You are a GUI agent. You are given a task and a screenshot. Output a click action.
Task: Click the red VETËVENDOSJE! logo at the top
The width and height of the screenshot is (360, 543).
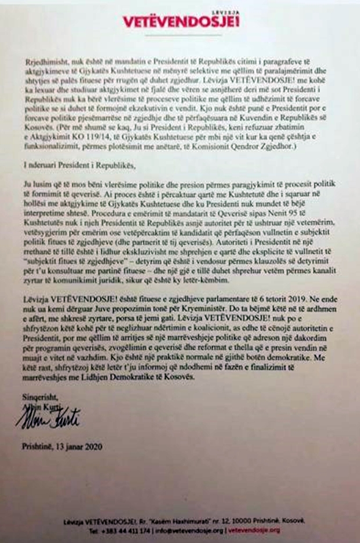(181, 21)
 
